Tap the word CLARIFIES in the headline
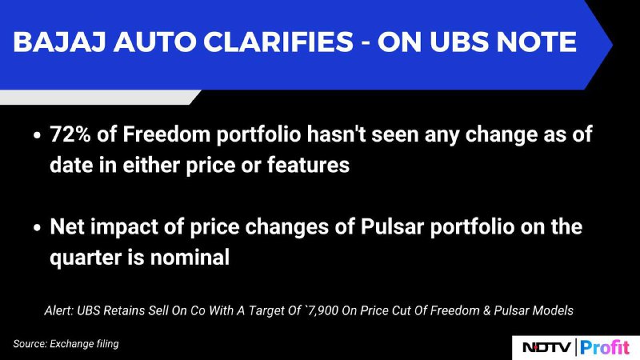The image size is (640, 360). tap(278, 42)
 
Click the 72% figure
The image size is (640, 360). tap(70, 134)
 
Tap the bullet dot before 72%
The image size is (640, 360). tap(37, 135)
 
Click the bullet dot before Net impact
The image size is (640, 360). tap(37, 227)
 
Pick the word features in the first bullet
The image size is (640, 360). tap(308, 165)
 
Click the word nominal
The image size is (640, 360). tap(190, 257)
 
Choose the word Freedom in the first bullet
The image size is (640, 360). tap(166, 134)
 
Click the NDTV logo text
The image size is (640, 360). tap(546, 348)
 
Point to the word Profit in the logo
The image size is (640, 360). tap(605, 347)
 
